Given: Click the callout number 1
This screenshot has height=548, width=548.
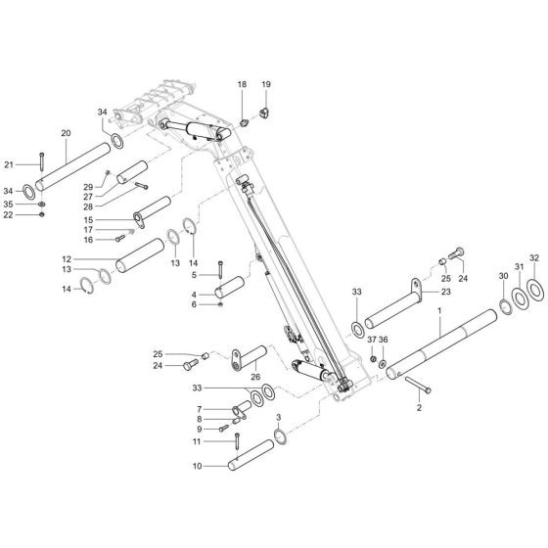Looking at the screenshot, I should coord(441,311).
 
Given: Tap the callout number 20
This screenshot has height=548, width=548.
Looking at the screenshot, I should coord(66,132).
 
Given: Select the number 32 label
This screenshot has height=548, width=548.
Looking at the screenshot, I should coord(533,258).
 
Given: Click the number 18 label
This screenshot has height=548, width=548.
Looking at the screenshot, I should coord(241,86).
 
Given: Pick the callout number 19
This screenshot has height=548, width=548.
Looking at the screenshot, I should coord(265,85).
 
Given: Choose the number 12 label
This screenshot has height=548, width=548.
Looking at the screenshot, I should coord(94,259).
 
